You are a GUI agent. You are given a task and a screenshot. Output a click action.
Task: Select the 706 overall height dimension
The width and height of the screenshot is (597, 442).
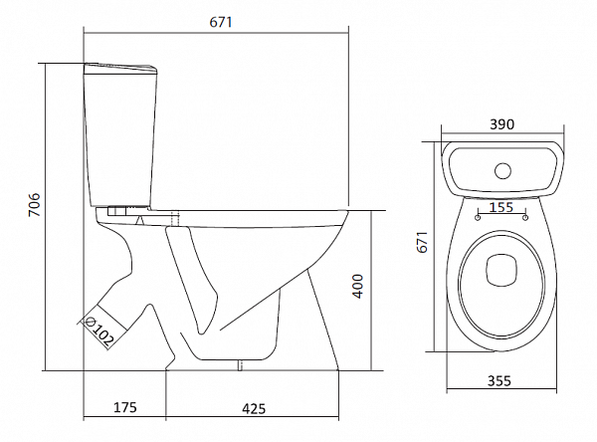pyautogui.click(x=32, y=206)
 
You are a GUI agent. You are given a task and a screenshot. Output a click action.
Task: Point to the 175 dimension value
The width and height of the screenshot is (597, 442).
pyautogui.click(x=124, y=407)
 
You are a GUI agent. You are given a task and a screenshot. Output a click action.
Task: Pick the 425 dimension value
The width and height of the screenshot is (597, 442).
pyautogui.click(x=255, y=407)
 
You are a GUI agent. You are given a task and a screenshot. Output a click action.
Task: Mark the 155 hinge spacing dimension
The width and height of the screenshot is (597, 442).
pyautogui.click(x=501, y=207)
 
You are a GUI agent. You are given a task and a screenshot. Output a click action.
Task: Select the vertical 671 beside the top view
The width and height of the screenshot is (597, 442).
pyautogui.click(x=422, y=243)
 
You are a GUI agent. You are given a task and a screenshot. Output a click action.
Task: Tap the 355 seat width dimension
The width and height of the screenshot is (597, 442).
pyautogui.click(x=501, y=380)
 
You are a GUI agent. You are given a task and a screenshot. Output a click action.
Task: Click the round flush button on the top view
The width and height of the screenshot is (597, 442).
pyautogui.click(x=502, y=168)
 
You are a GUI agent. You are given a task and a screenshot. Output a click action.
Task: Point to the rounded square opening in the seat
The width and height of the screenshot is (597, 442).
pyautogui.click(x=501, y=269)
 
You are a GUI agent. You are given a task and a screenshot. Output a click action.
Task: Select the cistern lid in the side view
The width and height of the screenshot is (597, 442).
pyautogui.click(x=119, y=69)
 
